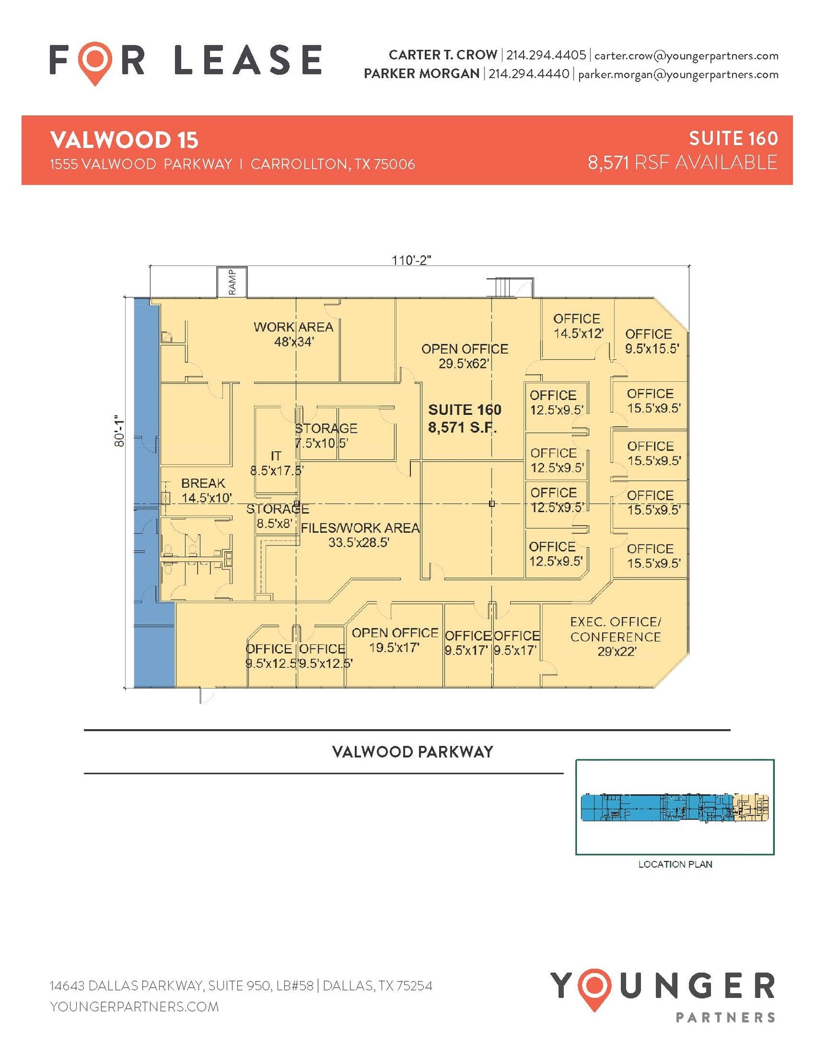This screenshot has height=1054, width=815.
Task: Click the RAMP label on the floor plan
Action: [x=232, y=282]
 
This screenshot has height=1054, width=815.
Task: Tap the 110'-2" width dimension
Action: [x=411, y=260]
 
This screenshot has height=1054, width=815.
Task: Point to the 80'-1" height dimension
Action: [x=119, y=431]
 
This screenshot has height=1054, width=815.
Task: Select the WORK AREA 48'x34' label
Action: [x=293, y=334]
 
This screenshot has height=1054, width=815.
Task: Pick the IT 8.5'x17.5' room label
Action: [x=276, y=463]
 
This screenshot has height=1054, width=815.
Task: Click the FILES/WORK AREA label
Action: [x=360, y=535]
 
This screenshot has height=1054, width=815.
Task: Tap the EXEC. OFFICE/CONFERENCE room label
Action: [x=616, y=637]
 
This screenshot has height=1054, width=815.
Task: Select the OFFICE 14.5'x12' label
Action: [x=577, y=326]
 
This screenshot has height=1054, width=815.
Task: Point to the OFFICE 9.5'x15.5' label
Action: [x=651, y=341]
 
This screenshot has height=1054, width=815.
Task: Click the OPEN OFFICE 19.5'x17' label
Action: [x=395, y=640]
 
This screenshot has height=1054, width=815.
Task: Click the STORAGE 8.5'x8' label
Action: [x=277, y=516]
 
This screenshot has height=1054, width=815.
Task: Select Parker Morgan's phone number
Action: [x=529, y=74]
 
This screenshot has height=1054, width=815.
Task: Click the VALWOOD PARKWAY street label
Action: [x=412, y=752]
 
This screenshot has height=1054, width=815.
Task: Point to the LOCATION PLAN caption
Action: [x=675, y=864]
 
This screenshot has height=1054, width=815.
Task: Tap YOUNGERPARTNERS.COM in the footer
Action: [x=134, y=1006]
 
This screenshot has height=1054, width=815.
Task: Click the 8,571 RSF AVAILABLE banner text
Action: [x=682, y=163]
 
